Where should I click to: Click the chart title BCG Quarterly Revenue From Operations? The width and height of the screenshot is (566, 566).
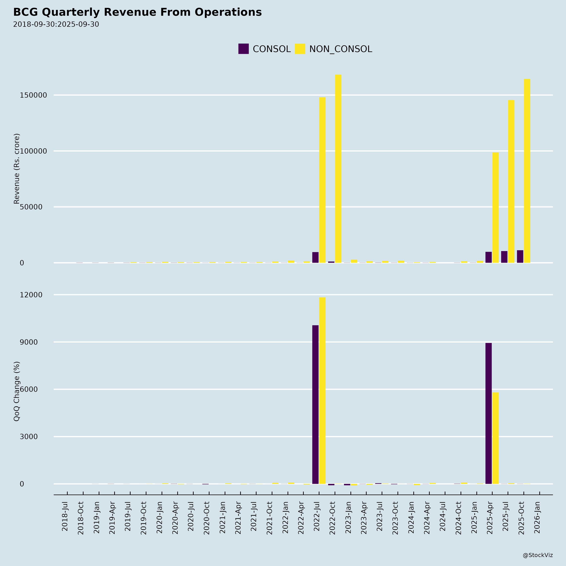137,12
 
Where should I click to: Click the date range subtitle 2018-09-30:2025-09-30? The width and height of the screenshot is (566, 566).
56,24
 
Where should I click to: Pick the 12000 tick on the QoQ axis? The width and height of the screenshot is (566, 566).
31,295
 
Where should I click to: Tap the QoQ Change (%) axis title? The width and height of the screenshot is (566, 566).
17,391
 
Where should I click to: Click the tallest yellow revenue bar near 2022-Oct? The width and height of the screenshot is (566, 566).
338,168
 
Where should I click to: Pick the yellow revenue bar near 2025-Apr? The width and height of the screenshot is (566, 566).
495,207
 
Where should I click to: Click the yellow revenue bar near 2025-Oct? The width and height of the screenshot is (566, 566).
527,171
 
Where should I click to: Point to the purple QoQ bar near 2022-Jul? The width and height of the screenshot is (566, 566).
315,405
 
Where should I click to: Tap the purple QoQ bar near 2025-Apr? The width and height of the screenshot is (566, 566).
488,413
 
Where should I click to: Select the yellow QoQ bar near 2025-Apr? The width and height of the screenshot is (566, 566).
495,438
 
